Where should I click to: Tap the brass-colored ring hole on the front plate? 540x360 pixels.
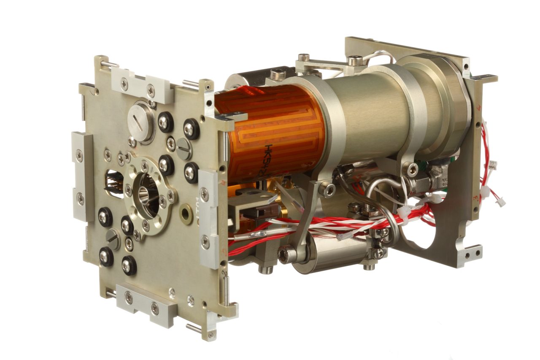point(186,214)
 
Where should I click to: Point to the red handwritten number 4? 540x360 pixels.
point(478,108)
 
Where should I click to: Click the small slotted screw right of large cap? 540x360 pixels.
point(184,149)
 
